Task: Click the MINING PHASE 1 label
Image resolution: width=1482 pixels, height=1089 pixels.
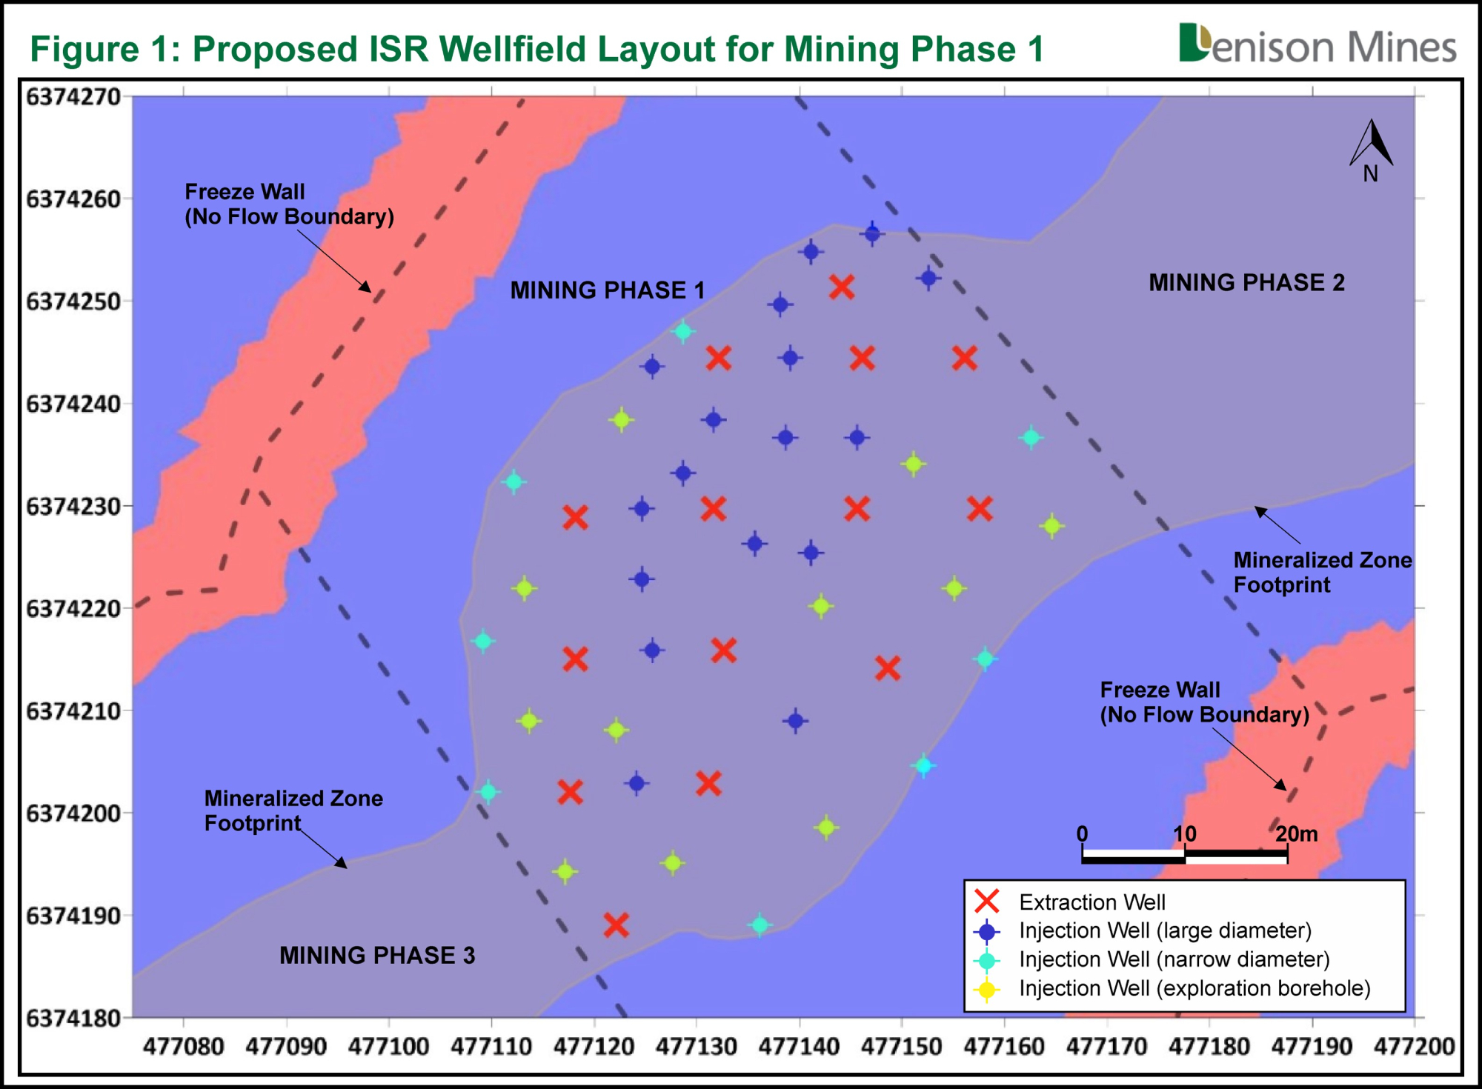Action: point(608,290)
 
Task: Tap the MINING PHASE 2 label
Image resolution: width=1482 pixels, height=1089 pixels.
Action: point(1246,282)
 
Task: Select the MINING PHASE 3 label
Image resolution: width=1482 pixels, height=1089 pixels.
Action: point(377,955)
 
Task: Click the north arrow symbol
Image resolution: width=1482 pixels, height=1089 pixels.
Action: point(1372,151)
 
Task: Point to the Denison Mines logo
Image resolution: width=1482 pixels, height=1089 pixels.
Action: point(1317,44)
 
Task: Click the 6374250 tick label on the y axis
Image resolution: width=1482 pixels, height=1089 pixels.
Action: point(73,302)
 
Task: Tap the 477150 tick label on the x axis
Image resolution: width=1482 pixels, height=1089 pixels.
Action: point(902,1047)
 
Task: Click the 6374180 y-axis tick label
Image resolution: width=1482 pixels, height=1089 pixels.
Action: point(73,1019)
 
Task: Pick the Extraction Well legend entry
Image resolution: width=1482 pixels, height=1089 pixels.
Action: point(1069,902)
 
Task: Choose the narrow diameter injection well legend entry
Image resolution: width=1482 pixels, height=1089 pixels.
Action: point(1152,959)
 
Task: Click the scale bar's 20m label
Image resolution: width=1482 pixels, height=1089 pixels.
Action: point(1297,833)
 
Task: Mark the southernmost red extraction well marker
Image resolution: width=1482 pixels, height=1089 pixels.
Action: point(616,925)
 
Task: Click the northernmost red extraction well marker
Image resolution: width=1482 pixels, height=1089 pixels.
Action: point(842,287)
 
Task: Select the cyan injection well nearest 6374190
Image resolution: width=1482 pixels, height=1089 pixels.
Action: point(760,925)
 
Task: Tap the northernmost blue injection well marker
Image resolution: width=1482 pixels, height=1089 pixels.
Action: point(873,234)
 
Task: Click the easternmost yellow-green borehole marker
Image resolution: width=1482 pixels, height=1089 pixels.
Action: point(1051,526)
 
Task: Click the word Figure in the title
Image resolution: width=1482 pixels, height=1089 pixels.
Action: point(84,50)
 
